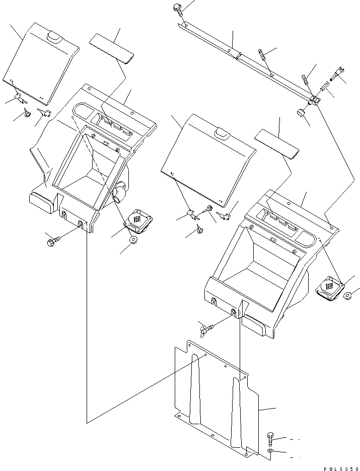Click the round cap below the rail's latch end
point(301,113)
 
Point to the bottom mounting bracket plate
point(217,403)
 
